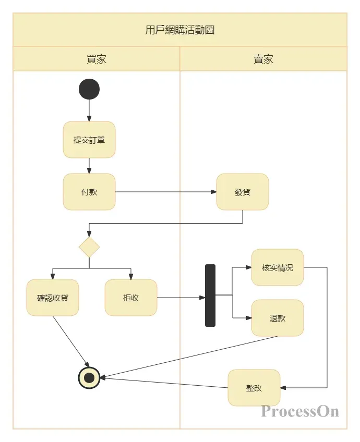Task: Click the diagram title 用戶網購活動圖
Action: tap(179, 30)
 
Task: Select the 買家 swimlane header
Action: tap(97, 59)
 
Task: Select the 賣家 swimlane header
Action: tap(263, 59)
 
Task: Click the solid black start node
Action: tap(89, 89)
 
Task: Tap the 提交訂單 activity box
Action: tap(89, 140)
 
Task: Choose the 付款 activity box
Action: tap(89, 192)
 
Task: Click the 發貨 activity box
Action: tap(243, 192)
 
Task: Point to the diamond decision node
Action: tap(89, 247)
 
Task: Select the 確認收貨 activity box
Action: tap(53, 298)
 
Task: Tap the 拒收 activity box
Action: tap(131, 298)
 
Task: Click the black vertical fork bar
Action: tap(210, 296)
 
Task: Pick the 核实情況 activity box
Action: tap(278, 267)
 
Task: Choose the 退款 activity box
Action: tap(278, 318)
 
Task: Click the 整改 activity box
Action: tap(254, 388)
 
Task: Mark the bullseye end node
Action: tap(89, 377)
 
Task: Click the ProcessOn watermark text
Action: tap(300, 411)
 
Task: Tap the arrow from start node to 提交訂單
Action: tap(89, 110)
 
